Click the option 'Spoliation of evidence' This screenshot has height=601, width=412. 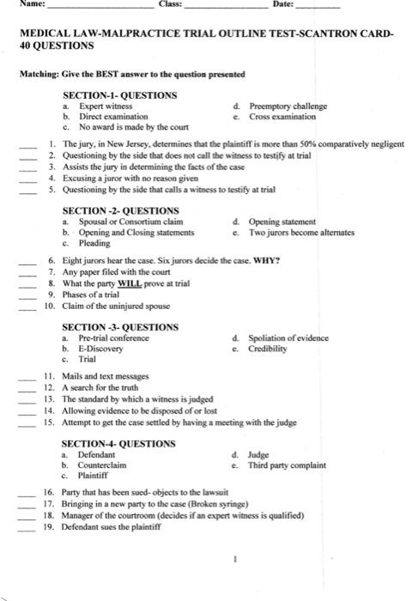(x=288, y=338)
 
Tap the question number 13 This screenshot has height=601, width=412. (x=49, y=399)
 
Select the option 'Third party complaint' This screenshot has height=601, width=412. (x=288, y=465)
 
